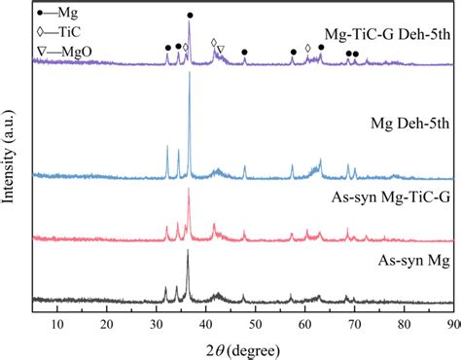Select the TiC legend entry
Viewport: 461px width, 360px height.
[55, 31]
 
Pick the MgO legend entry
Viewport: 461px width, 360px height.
[58, 48]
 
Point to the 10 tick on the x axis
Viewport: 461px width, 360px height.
[57, 324]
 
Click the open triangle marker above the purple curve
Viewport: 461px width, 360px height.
[221, 49]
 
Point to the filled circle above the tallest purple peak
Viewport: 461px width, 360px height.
[190, 16]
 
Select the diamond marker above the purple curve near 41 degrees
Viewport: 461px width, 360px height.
[214, 43]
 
